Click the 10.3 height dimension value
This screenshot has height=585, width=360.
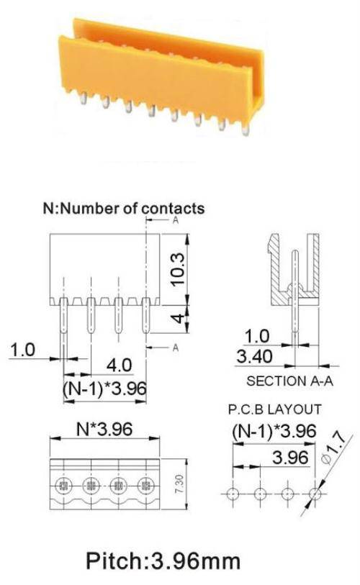coord(178,269)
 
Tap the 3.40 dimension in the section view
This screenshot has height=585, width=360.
coord(254,357)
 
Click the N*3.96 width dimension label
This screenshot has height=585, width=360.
coord(104,429)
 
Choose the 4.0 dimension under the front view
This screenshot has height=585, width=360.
coord(119,366)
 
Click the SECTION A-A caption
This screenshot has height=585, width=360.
coord(289,381)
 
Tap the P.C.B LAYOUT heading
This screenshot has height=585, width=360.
coord(274,409)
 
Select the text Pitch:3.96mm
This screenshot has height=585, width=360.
coord(163,561)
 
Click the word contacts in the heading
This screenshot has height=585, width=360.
coord(174,208)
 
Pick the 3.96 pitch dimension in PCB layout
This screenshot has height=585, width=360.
coord(290,458)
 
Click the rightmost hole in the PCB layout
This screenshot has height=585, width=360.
coord(315,494)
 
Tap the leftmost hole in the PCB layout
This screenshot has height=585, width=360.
coord(233,494)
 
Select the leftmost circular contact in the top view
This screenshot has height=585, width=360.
coord(63,486)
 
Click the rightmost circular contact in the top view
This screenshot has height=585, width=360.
coord(146,486)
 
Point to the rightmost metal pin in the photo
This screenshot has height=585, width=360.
coord(245,130)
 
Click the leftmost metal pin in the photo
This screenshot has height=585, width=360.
coord(84,98)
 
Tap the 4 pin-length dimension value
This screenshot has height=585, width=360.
coord(179,319)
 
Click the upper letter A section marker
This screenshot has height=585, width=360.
coord(176,220)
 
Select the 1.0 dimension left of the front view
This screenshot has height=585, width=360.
coord(22,350)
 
